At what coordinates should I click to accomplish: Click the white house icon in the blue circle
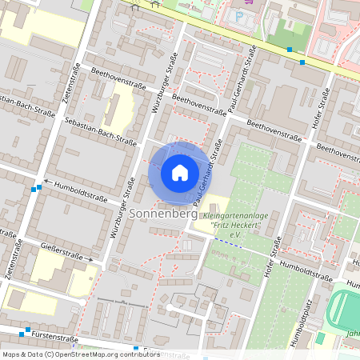pyautogui.click(x=179, y=172)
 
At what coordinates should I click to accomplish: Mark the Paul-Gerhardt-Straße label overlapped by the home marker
pyautogui.click(x=206, y=170)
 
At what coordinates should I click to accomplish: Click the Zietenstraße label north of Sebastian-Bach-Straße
pyautogui.click(x=69, y=83)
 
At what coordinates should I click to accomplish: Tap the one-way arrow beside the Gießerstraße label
pyautogui.click(x=92, y=259)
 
